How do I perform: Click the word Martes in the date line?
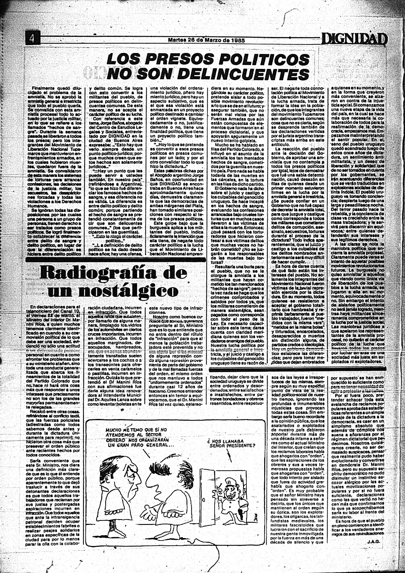[177, 40]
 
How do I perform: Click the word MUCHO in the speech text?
[114, 429]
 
